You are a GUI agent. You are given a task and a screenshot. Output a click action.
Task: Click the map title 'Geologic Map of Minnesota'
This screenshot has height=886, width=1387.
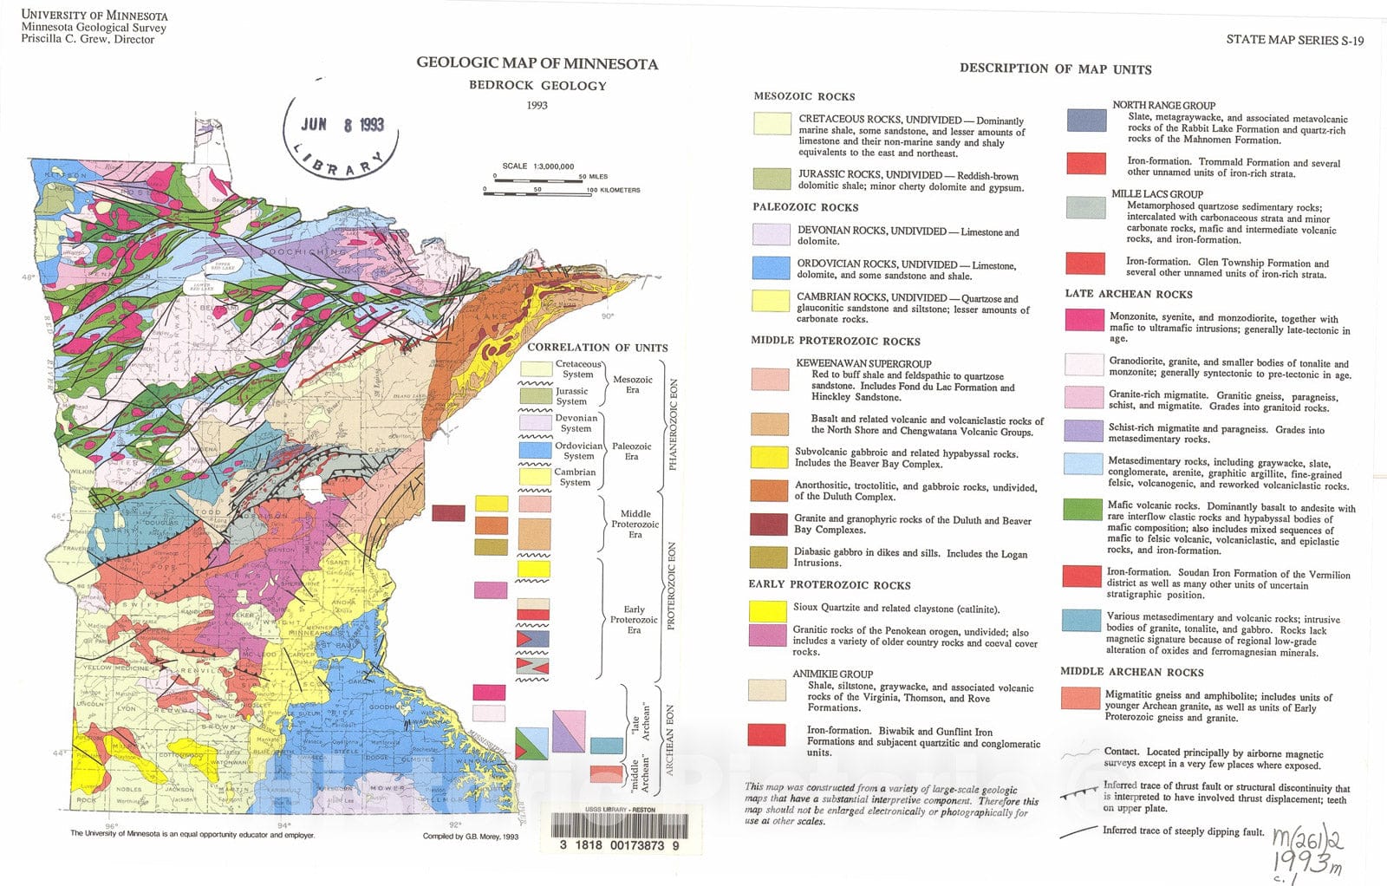[x=537, y=63]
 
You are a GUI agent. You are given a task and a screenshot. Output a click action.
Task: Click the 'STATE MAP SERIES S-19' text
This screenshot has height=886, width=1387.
[x=1294, y=40]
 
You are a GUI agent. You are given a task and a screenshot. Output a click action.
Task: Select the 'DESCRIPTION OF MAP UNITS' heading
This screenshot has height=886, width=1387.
[x=1055, y=68]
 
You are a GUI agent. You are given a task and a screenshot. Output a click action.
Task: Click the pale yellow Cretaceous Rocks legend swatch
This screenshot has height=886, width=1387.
[x=772, y=124]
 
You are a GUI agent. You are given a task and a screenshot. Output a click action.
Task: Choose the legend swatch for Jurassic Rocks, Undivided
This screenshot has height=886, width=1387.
[x=771, y=179]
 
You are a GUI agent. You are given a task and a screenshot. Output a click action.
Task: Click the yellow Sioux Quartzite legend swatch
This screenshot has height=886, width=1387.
[x=767, y=610]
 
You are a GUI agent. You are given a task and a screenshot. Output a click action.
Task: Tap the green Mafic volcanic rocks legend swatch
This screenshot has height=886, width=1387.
[x=1083, y=509]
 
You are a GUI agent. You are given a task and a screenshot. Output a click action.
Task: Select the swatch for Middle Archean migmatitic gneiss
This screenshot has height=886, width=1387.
[x=1080, y=699]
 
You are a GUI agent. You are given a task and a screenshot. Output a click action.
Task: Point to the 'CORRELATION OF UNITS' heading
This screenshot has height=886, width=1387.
[x=597, y=348]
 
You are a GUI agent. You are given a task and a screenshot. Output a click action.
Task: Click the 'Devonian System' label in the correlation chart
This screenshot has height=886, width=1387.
[x=576, y=423]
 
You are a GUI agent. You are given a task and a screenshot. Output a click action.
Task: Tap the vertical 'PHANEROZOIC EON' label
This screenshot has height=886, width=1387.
[x=672, y=425]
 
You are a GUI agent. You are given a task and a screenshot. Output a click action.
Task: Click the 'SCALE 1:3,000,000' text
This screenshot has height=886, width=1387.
[x=537, y=166]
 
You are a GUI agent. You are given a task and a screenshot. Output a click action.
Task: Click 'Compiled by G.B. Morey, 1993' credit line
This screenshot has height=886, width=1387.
[x=470, y=837]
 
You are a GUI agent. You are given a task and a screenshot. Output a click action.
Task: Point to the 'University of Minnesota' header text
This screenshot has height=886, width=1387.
[x=94, y=16]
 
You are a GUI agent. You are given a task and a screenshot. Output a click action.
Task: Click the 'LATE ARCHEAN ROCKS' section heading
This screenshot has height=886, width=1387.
[x=1128, y=294]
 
